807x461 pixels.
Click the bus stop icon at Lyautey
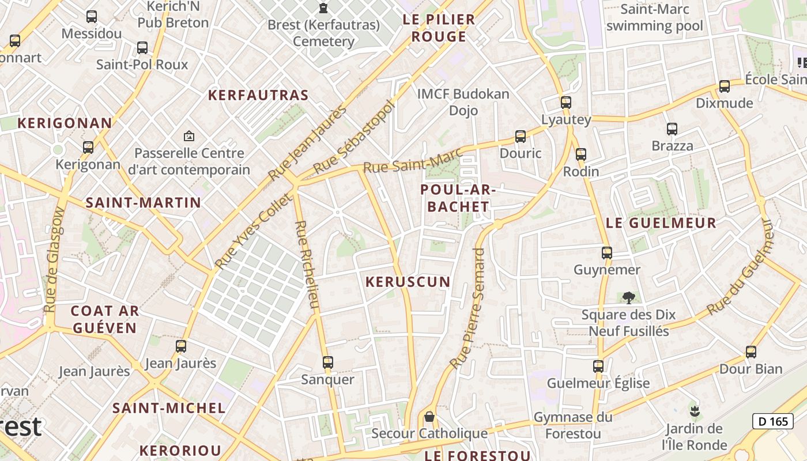(566, 103)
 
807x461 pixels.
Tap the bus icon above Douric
(521, 137)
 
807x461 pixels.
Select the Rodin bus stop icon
(580, 154)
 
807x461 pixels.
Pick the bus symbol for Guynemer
(606, 252)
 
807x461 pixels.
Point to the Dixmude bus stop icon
(724, 86)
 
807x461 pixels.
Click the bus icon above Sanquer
(327, 362)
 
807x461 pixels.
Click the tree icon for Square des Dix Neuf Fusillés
(628, 298)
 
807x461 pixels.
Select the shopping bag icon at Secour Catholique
(429, 417)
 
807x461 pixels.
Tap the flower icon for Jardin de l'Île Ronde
(695, 411)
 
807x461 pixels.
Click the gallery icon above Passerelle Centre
(188, 136)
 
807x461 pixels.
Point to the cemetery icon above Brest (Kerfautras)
(323, 8)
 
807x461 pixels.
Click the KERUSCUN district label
(408, 282)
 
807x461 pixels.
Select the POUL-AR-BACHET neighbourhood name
(455, 198)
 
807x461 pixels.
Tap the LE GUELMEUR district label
(661, 223)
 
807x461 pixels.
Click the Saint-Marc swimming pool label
(655, 18)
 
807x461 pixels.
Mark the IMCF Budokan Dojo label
(463, 101)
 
